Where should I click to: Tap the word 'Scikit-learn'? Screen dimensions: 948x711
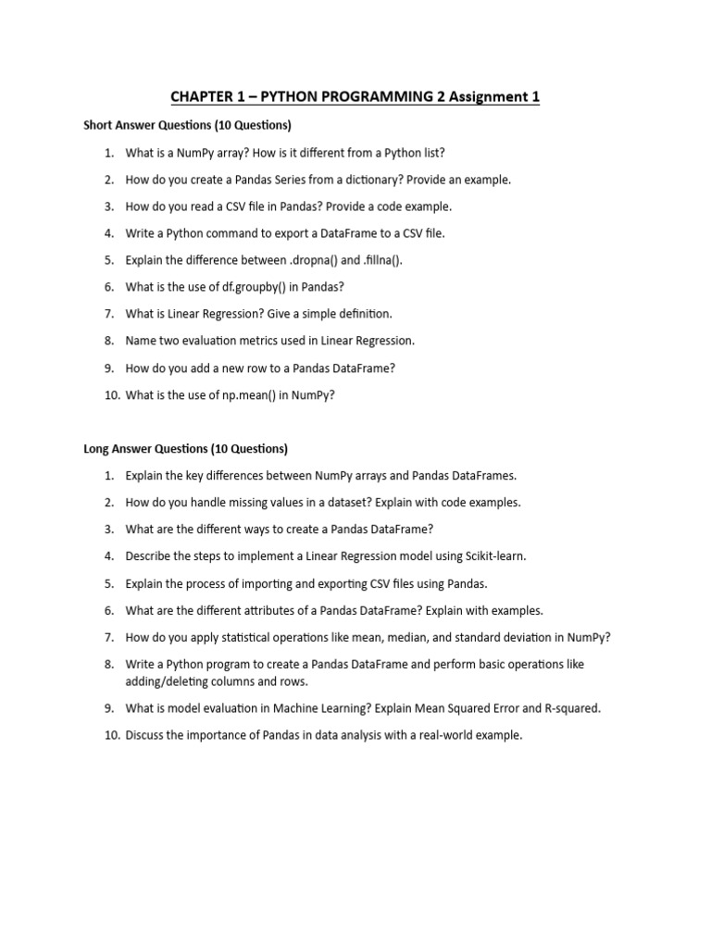[x=493, y=556]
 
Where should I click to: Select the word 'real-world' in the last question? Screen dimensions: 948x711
[x=436, y=735]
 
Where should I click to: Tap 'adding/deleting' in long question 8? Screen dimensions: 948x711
[x=169, y=681]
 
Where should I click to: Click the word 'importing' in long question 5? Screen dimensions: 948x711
[x=278, y=583]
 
